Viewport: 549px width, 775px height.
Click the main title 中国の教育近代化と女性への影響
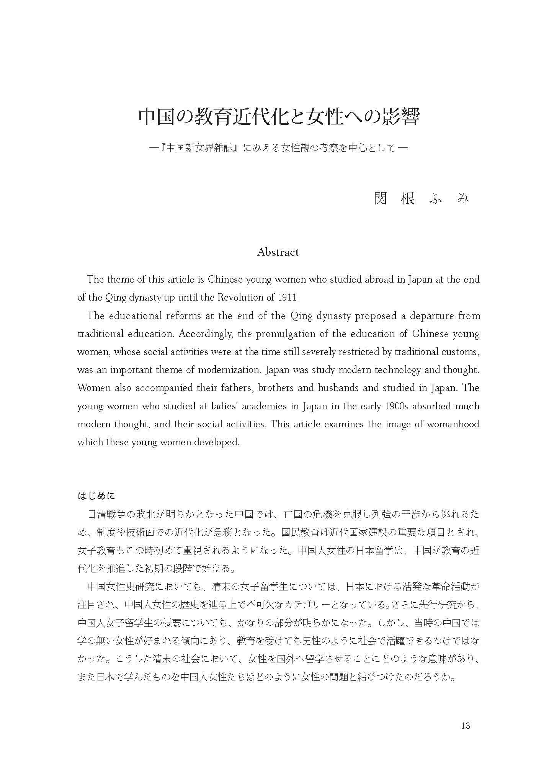[x=278, y=117]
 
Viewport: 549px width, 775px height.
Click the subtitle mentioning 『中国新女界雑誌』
[x=278, y=148]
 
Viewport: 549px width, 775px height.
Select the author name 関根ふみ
[x=421, y=198]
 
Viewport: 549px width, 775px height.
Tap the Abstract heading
[x=278, y=252]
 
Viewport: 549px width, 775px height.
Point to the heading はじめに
[x=96, y=496]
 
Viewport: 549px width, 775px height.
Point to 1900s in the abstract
[x=395, y=406]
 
